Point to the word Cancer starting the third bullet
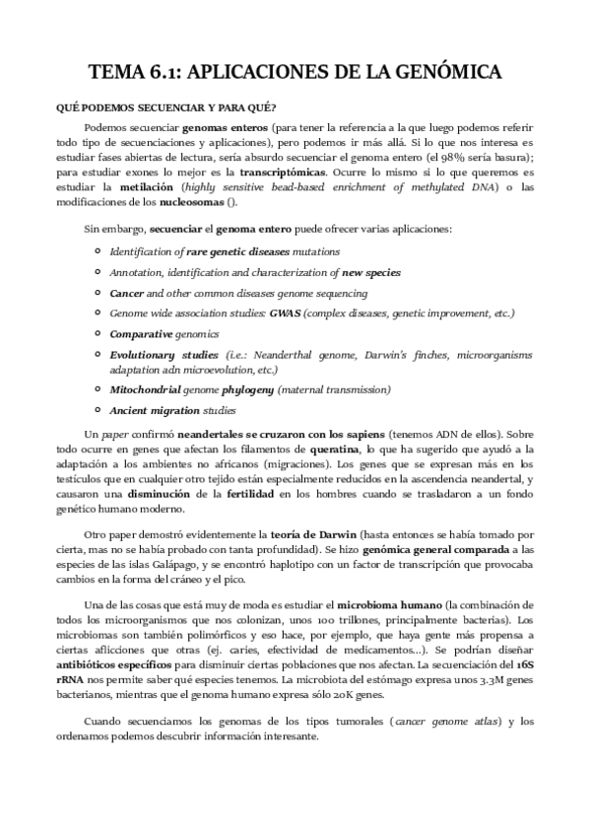point(126,294)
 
